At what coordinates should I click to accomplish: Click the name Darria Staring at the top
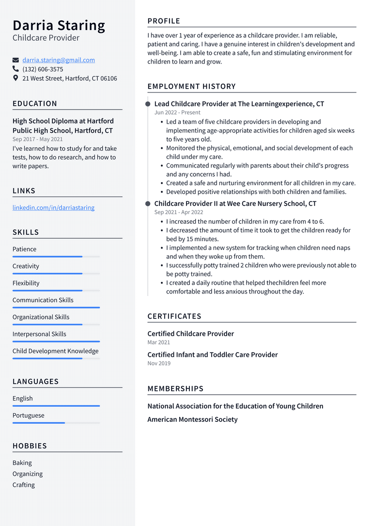tap(59, 25)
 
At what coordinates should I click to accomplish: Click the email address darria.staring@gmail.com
tap(59, 60)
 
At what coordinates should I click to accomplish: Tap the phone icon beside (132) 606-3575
tap(15, 69)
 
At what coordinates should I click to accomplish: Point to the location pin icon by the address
tap(15, 78)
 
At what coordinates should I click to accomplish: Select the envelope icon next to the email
tap(15, 60)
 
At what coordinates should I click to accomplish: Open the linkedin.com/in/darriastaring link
tap(53, 208)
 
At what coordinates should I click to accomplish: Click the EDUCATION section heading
tap(35, 104)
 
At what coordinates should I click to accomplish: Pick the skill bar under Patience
tap(56, 257)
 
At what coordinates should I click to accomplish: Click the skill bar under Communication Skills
tap(56, 308)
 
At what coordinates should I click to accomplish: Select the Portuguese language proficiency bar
tap(56, 423)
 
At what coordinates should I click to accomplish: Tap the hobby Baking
tap(22, 463)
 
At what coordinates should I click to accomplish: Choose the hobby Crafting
tap(24, 485)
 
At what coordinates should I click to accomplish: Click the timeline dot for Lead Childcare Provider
tap(148, 104)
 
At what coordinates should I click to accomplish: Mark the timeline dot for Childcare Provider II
tap(148, 204)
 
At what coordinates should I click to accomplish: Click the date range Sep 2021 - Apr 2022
tap(179, 212)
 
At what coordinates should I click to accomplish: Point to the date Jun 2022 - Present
tap(177, 112)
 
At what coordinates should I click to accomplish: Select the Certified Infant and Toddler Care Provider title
tap(213, 355)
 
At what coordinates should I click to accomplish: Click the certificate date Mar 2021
tap(159, 342)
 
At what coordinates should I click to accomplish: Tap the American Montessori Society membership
tap(192, 419)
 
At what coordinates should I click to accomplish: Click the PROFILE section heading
tap(164, 21)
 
